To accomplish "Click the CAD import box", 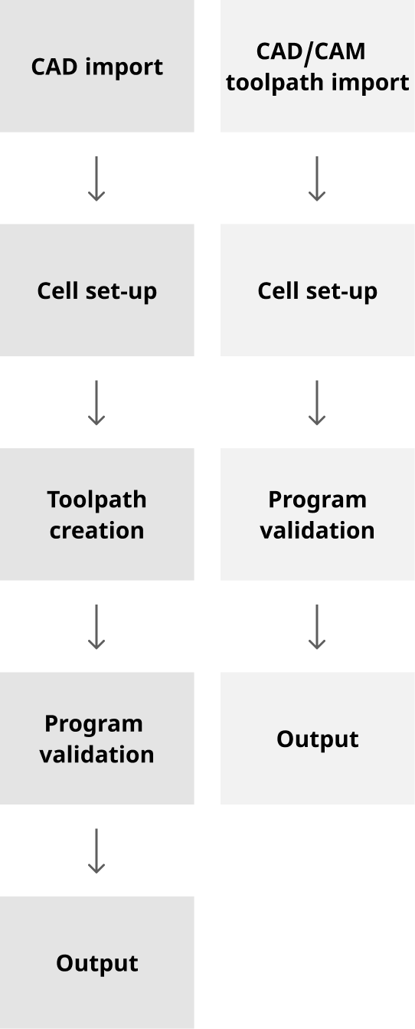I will click(x=97, y=67).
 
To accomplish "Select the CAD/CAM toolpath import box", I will click(x=318, y=67).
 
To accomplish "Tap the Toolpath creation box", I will click(x=97, y=514).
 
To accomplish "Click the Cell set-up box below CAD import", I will click(x=97, y=290).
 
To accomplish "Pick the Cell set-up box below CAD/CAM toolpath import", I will click(x=318, y=290).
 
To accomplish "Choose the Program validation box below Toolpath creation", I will click(x=97, y=739).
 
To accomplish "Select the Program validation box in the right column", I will click(x=318, y=514).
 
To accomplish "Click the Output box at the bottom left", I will click(x=97, y=962).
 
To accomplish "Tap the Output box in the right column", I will click(x=318, y=739).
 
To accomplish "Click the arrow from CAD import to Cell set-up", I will click(x=96, y=179).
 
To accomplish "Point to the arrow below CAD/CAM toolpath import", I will click(x=317, y=179).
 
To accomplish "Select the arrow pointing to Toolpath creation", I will click(x=96, y=402).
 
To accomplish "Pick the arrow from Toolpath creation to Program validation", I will click(x=96, y=627).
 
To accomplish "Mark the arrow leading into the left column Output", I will click(x=96, y=850).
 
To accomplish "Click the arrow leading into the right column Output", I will click(x=317, y=627).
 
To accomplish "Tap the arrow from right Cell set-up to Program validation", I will click(x=317, y=402).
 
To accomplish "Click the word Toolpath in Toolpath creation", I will click(x=97, y=500).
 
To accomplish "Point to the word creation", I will click(x=97, y=530).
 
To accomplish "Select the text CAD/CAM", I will click(x=311, y=51).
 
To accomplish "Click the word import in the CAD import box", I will click(x=125, y=67).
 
